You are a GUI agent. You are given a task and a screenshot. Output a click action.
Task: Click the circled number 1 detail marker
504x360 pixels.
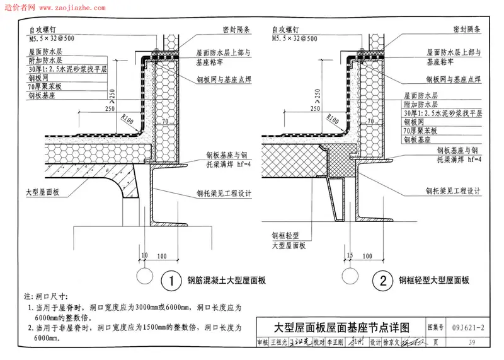click(168, 279)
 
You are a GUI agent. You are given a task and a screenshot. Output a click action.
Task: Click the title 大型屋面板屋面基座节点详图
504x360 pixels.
click(341, 328)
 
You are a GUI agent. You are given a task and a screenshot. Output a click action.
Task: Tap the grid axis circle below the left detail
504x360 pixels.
click(144, 276)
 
